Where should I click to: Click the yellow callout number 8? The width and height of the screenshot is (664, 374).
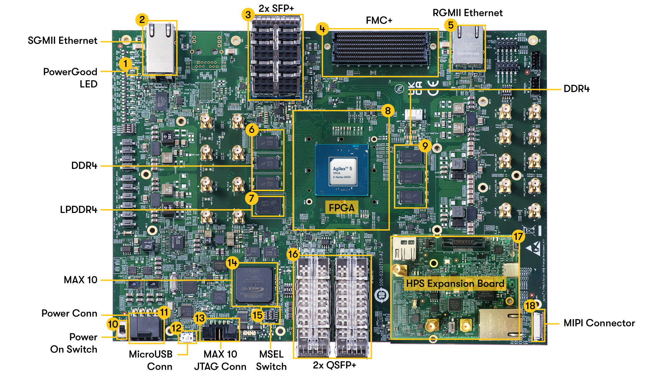388,111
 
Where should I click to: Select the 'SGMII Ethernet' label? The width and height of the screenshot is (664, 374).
62,41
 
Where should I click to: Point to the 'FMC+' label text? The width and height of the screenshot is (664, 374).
379,20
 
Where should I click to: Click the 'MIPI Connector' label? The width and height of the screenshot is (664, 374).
599,323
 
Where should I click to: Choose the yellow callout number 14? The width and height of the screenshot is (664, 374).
232,263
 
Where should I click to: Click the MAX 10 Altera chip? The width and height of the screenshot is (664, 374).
255,286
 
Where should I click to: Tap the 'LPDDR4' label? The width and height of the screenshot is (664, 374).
79,210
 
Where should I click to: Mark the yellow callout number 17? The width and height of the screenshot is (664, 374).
518,237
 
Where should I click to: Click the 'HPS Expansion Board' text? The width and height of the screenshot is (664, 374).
455,284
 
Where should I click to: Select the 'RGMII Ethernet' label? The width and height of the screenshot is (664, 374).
468,13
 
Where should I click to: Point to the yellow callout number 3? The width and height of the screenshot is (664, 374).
248,15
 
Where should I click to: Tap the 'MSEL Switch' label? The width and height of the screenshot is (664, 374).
271,360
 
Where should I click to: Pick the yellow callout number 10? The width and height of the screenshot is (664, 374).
113,324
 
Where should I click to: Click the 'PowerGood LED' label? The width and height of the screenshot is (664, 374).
70,78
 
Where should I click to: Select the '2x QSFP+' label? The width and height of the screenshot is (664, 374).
334,365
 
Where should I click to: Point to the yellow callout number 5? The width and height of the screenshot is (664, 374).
451,25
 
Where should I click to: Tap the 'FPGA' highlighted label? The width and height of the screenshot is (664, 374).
342,208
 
